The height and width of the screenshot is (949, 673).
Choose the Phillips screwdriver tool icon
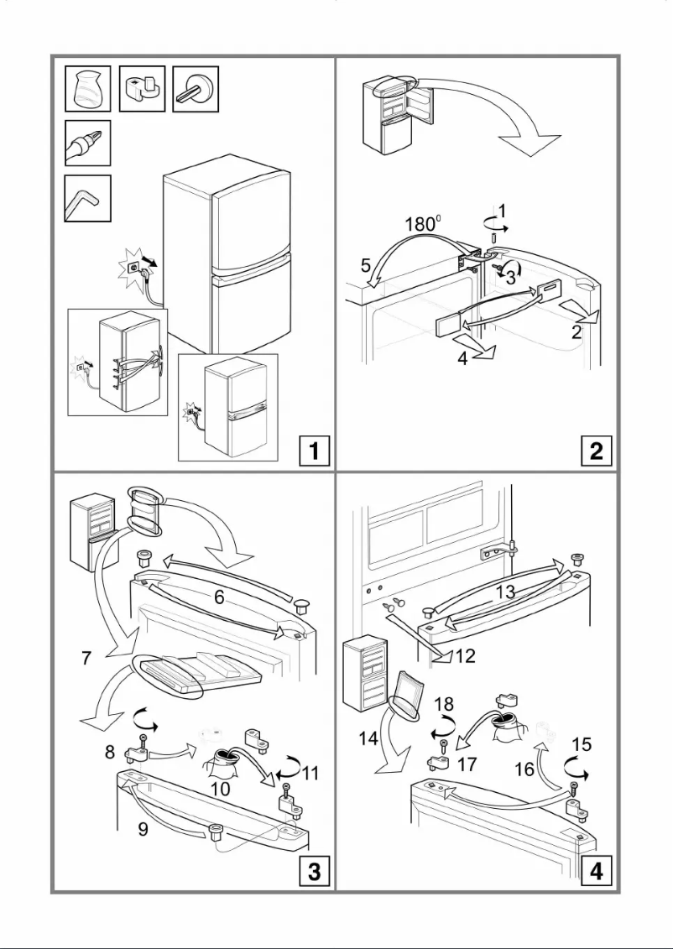[87, 143]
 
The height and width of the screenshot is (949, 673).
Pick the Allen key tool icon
[87, 198]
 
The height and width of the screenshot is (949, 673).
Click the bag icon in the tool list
[87, 88]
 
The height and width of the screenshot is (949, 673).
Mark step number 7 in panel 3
[86, 660]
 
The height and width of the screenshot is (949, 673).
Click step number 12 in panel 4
[464, 656]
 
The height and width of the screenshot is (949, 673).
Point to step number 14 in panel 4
[367, 738]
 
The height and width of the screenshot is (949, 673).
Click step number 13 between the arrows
[505, 592]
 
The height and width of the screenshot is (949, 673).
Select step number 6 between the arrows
[218, 597]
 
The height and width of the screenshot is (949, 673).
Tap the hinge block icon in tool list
[142, 88]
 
